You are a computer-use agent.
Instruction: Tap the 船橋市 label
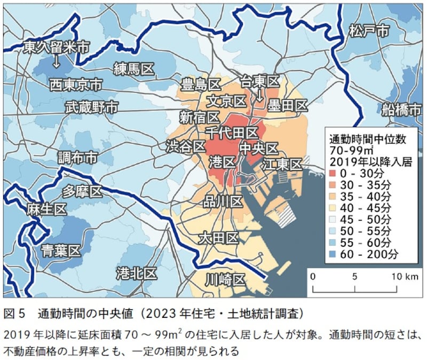coord(401,110)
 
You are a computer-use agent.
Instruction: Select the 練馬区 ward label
coord(133,68)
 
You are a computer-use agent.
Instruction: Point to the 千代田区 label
coord(232,131)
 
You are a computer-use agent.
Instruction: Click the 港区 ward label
coord(222,161)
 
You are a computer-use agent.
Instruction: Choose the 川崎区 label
coord(225,279)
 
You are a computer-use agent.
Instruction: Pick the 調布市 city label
coord(77,158)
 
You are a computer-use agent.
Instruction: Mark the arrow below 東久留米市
coord(56,63)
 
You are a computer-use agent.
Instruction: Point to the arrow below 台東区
coord(260,96)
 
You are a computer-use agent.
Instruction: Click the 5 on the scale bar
coord(355,277)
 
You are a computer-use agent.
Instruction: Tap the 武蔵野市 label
coord(91,107)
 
